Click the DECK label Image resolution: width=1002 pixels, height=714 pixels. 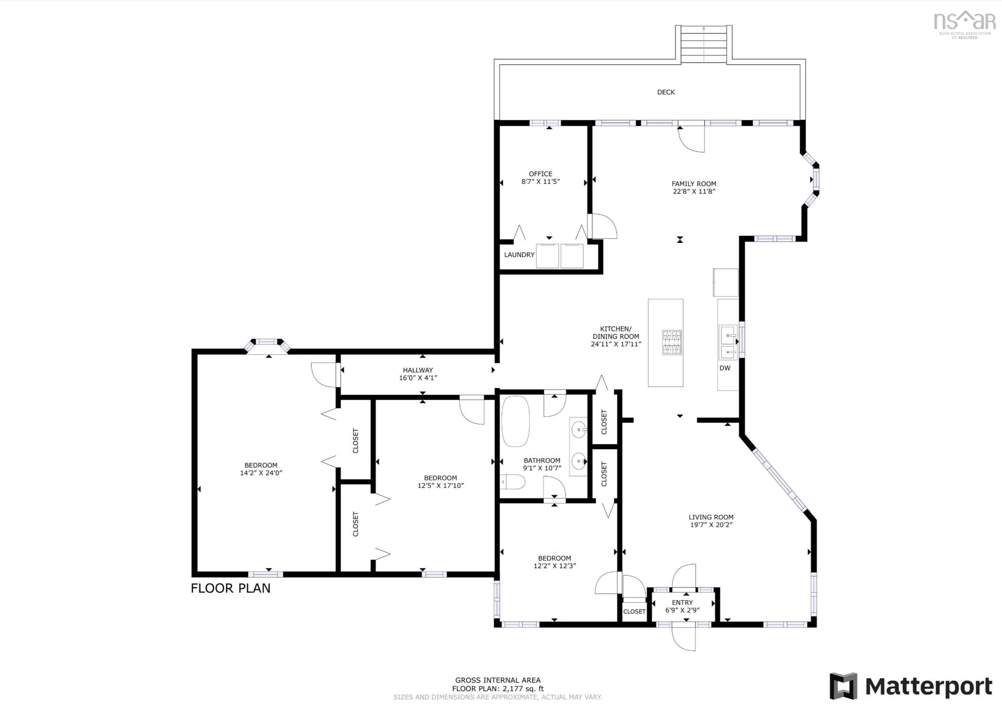[666, 92]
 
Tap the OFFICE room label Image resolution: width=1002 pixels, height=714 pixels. [540, 174]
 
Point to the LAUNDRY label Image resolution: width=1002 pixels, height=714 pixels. [519, 255]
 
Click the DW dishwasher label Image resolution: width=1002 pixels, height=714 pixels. [725, 368]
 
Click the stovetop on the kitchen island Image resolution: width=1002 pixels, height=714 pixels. [672, 343]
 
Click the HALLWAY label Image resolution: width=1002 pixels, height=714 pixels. [418, 370]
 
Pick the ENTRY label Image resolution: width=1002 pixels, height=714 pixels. [682, 602]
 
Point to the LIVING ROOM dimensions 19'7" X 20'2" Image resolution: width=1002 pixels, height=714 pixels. [711, 525]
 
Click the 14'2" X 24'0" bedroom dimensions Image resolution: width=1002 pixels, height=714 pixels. [261, 473]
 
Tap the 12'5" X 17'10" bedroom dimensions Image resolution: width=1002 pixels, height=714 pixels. [441, 486]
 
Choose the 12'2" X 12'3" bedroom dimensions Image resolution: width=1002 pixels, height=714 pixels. [555, 566]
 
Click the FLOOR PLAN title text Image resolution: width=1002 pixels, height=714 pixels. [230, 588]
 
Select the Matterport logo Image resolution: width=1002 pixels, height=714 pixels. [910, 686]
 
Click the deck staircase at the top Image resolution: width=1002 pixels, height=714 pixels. [704, 44]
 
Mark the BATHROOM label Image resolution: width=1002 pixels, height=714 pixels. [542, 460]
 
